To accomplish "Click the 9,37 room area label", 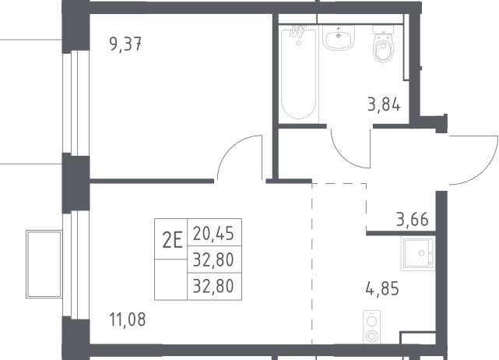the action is [x=125, y=44].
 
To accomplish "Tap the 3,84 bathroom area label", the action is [x=384, y=104].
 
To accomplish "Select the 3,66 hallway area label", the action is [x=413, y=219].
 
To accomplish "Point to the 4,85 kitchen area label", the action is [x=382, y=289].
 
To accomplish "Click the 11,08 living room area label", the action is [x=128, y=319].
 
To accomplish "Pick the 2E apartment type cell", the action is [x=172, y=240].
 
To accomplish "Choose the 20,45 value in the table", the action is [x=213, y=234].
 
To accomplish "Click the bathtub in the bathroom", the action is [x=299, y=72].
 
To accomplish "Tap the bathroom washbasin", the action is [x=339, y=37].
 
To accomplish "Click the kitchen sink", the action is [x=418, y=254].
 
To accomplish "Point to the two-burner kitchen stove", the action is [x=371, y=327].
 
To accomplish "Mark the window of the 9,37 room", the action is [x=76, y=103].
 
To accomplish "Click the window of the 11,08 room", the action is [x=76, y=264].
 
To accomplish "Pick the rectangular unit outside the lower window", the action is [x=44, y=264].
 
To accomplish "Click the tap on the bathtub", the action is [x=298, y=33].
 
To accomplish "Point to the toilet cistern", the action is [x=384, y=30].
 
